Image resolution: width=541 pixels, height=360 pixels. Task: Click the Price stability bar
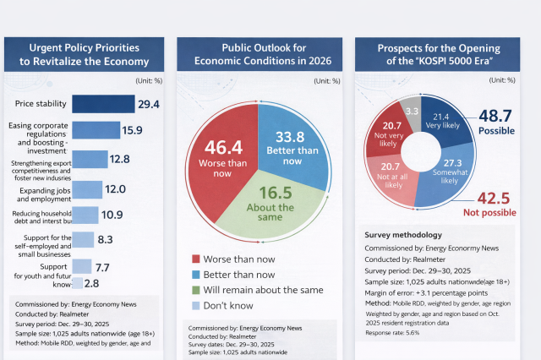pyautogui.click(x=102, y=104)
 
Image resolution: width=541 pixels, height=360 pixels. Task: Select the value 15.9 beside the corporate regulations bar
pyautogui.click(x=132, y=130)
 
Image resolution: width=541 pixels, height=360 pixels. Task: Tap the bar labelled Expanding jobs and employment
pyautogui.click(x=86, y=189)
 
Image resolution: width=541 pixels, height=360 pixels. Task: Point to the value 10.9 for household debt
pyautogui.click(x=112, y=215)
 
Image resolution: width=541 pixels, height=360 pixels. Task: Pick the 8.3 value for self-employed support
pyautogui.click(x=105, y=240)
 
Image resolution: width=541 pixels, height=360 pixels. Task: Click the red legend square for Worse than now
pyautogui.click(x=196, y=259)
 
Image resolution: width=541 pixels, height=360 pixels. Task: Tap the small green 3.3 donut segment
pyautogui.click(x=413, y=111)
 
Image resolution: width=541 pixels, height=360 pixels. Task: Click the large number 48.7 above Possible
pyautogui.click(x=496, y=117)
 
